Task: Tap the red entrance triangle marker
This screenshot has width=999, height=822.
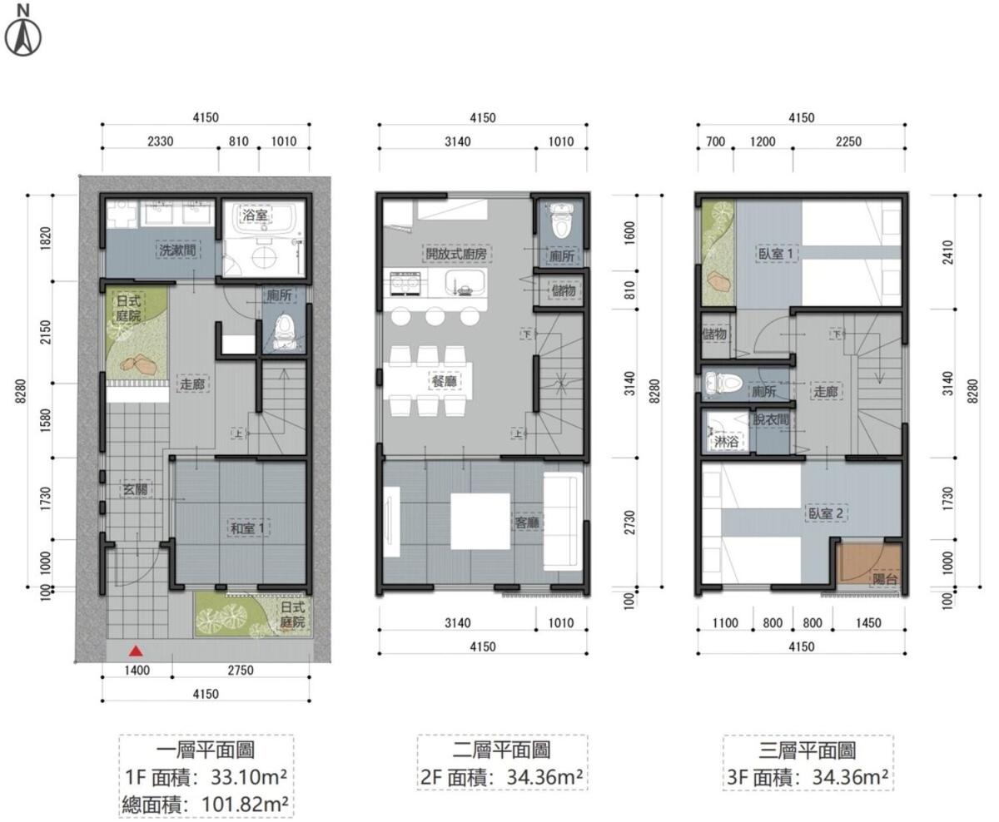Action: pos(137,652)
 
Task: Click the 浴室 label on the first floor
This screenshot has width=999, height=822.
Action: pos(256,215)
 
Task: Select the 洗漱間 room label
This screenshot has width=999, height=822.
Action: pos(177,250)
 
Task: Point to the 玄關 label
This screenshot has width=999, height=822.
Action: pos(136,489)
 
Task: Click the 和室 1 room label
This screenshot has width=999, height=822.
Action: pos(249,528)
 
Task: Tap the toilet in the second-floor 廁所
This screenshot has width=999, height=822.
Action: pos(562,221)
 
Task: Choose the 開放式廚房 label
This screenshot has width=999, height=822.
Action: pos(457,254)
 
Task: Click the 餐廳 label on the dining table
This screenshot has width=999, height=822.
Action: pos(445,382)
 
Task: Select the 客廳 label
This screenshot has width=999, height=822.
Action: pos(527,522)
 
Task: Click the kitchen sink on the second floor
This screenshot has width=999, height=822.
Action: pos(465,283)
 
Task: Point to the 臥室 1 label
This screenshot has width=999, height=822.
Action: pos(776,254)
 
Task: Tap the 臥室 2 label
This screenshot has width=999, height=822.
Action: pos(826,513)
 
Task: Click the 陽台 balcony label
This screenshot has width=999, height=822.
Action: pos(885,578)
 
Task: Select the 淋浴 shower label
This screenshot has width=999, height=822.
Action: pos(726,442)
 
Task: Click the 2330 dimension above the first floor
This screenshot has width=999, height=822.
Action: pos(161,141)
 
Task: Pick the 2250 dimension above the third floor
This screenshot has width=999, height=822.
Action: pos(848,141)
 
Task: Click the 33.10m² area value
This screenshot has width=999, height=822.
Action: pos(249,777)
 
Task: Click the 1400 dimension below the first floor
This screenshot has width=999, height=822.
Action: pos(137,670)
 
